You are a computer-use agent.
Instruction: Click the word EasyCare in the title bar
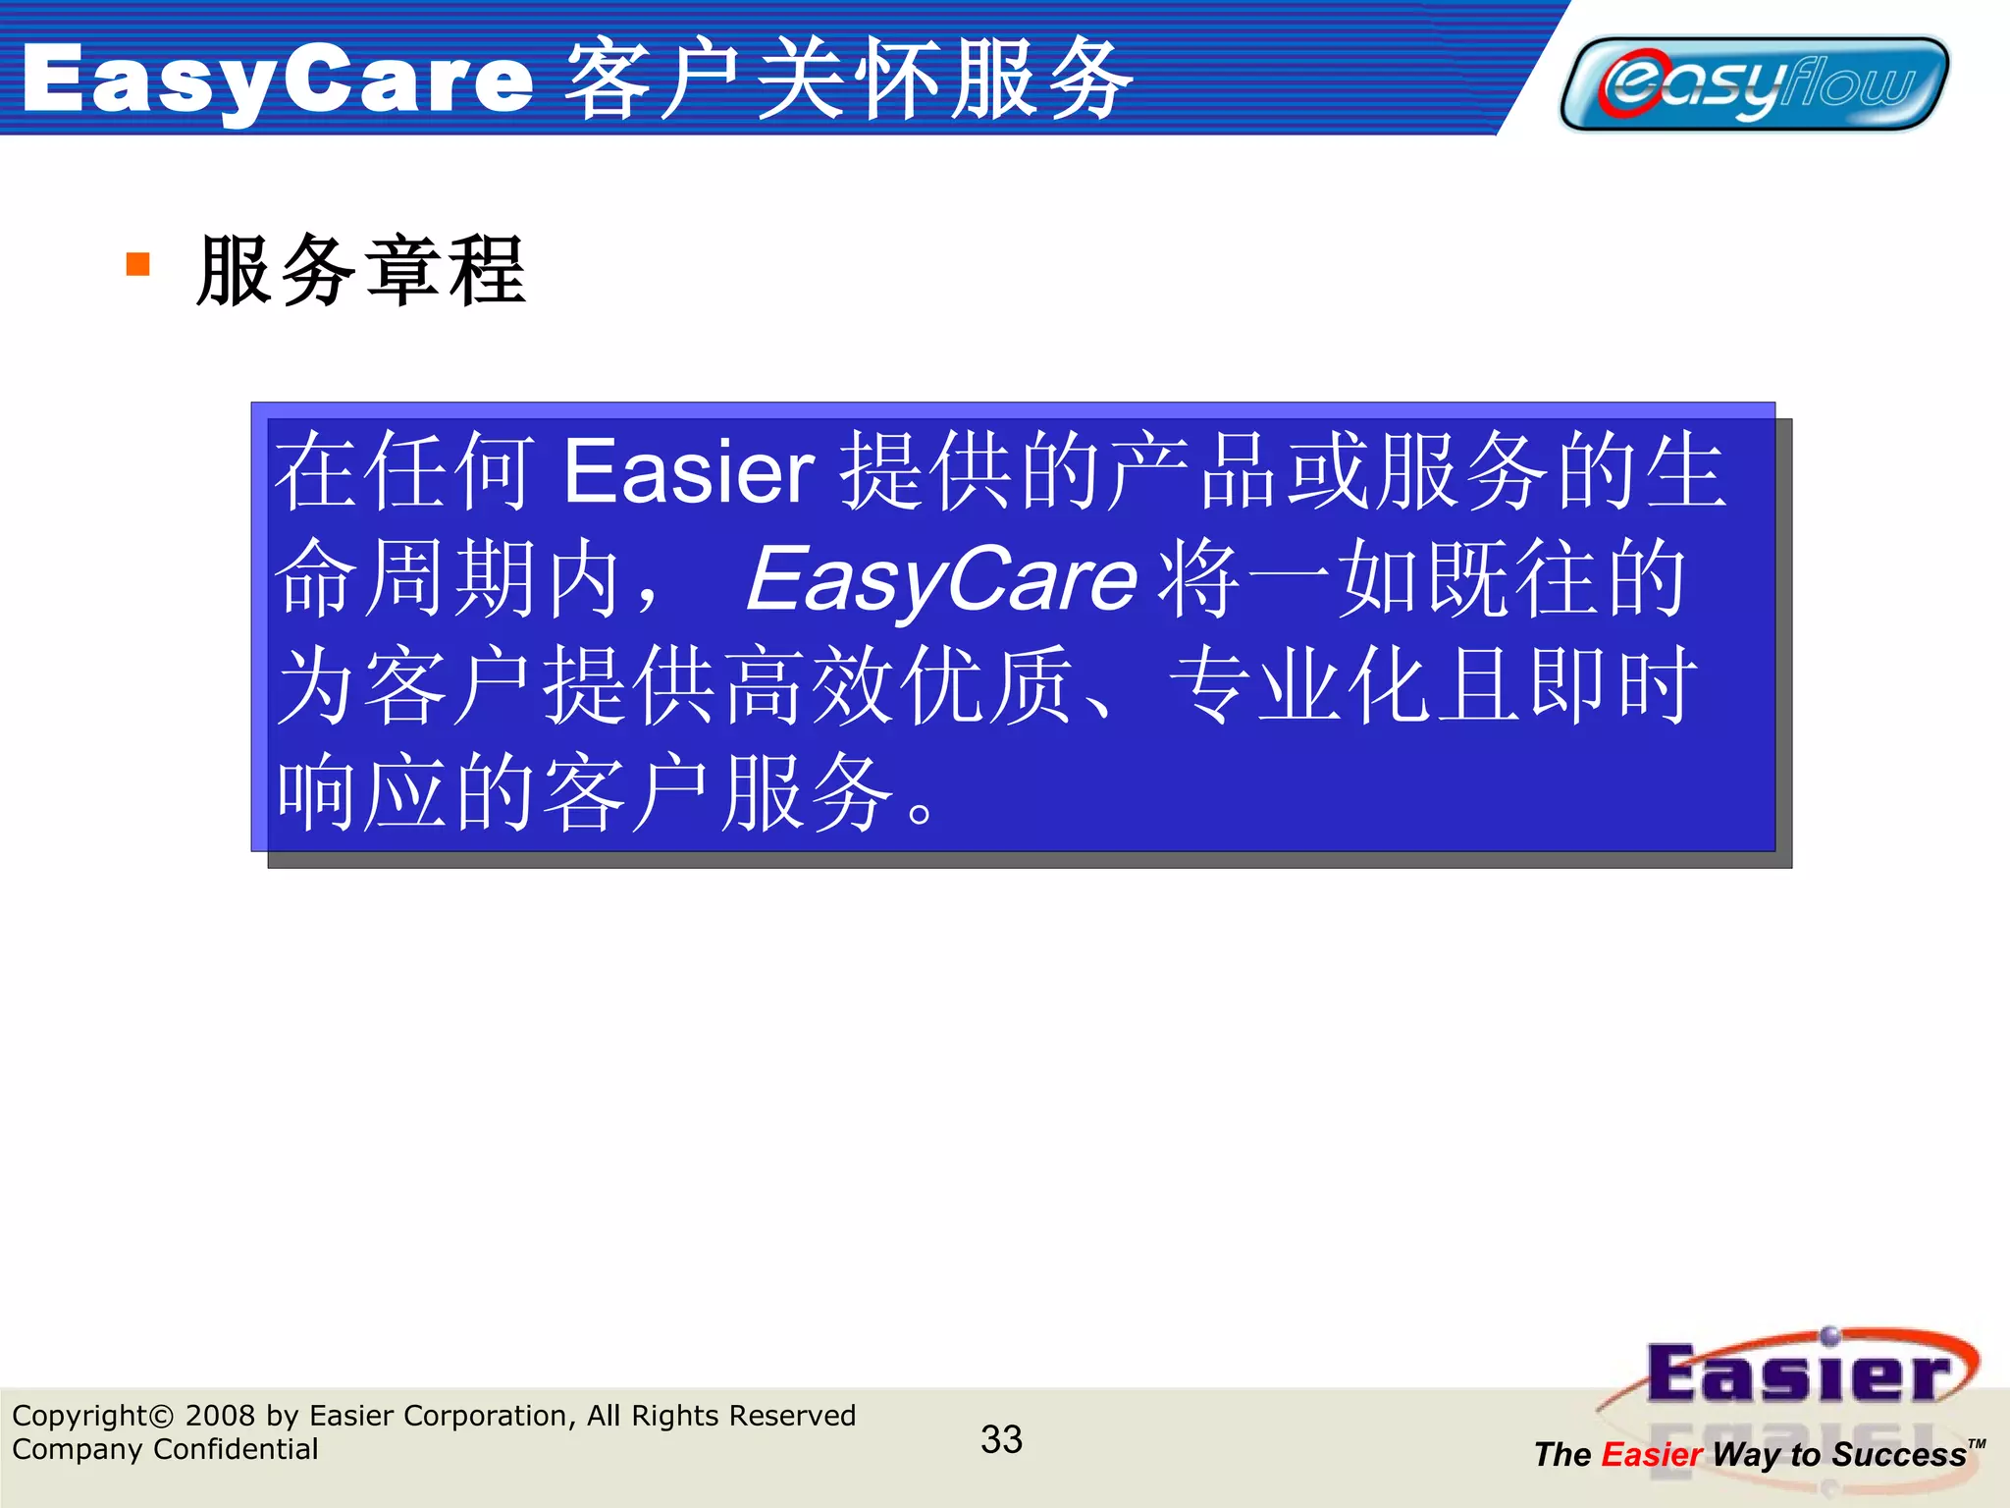click(x=278, y=81)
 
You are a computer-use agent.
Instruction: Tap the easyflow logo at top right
click(x=1755, y=83)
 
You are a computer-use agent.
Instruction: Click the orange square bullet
click(x=138, y=264)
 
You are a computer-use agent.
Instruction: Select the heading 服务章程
click(x=361, y=271)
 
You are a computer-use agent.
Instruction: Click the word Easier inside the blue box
click(x=688, y=472)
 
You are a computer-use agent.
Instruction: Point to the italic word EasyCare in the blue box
click(x=941, y=579)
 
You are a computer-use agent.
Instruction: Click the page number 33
click(x=1001, y=1439)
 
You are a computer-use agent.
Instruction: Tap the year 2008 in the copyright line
click(x=220, y=1416)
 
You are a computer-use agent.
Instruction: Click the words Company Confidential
click(x=165, y=1449)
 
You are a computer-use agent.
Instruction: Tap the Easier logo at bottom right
click(x=1798, y=1374)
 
